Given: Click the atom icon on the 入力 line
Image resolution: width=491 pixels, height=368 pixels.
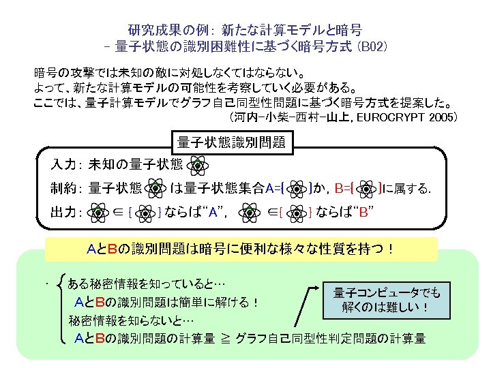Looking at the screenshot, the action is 198,165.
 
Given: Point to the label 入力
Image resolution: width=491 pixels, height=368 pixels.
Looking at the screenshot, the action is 64,165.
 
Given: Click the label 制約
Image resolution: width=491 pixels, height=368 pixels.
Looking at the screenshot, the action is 64,188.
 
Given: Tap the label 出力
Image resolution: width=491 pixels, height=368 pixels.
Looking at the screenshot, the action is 64,211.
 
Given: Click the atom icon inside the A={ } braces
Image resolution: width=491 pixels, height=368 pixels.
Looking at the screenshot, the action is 297,188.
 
